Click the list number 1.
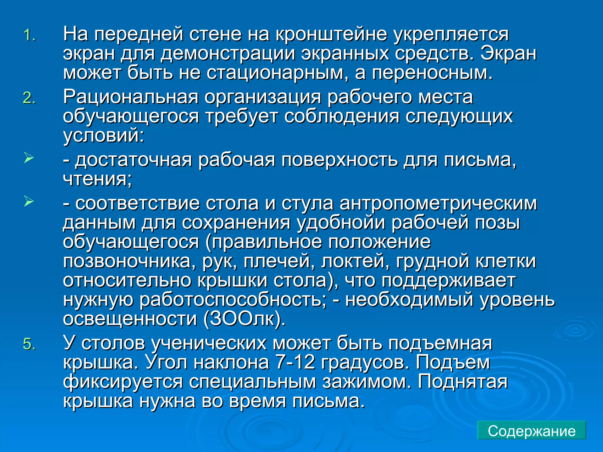coord(29,36)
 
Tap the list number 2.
coord(29,98)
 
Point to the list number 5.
coord(29,344)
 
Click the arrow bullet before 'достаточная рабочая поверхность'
coord(29,158)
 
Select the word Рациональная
coord(131,97)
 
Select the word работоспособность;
coord(233,300)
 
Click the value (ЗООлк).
coord(244,319)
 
